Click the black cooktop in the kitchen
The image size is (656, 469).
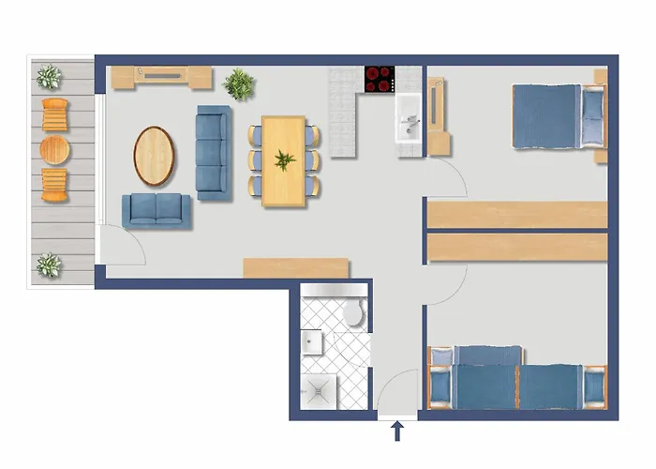[380, 79]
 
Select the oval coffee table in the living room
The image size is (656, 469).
[155, 155]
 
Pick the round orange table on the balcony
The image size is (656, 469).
[55, 148]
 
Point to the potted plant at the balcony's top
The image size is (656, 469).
[48, 76]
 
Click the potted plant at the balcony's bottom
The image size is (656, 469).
[48, 265]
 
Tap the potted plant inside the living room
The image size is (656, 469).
[240, 83]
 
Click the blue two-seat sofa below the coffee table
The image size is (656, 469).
[156, 210]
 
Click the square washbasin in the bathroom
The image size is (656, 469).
[313, 342]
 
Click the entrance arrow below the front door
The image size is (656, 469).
[396, 431]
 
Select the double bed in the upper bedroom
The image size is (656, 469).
[558, 116]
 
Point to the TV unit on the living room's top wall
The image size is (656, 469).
[162, 75]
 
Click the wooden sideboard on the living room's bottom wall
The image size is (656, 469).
[295, 268]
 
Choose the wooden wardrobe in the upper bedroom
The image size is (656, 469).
[517, 214]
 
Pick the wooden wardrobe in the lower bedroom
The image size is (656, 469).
[517, 248]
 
